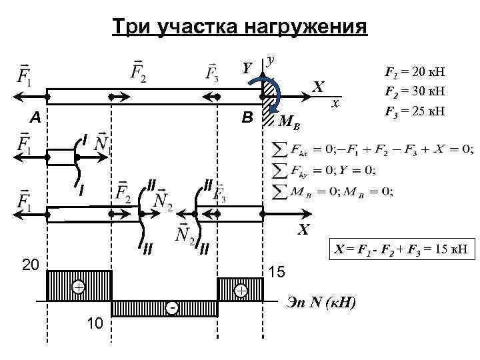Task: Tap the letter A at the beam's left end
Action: click(x=34, y=118)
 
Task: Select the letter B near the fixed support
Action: click(x=247, y=118)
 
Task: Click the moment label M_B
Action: click(x=287, y=122)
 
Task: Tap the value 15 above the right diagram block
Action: click(x=277, y=273)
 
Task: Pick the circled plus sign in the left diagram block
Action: click(x=79, y=287)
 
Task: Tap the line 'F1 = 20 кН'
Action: click(x=415, y=71)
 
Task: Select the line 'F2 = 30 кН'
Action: click(x=415, y=90)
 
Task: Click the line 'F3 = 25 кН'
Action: click(x=415, y=109)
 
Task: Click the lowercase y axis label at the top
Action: click(x=271, y=60)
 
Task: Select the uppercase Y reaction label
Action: click(x=247, y=68)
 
